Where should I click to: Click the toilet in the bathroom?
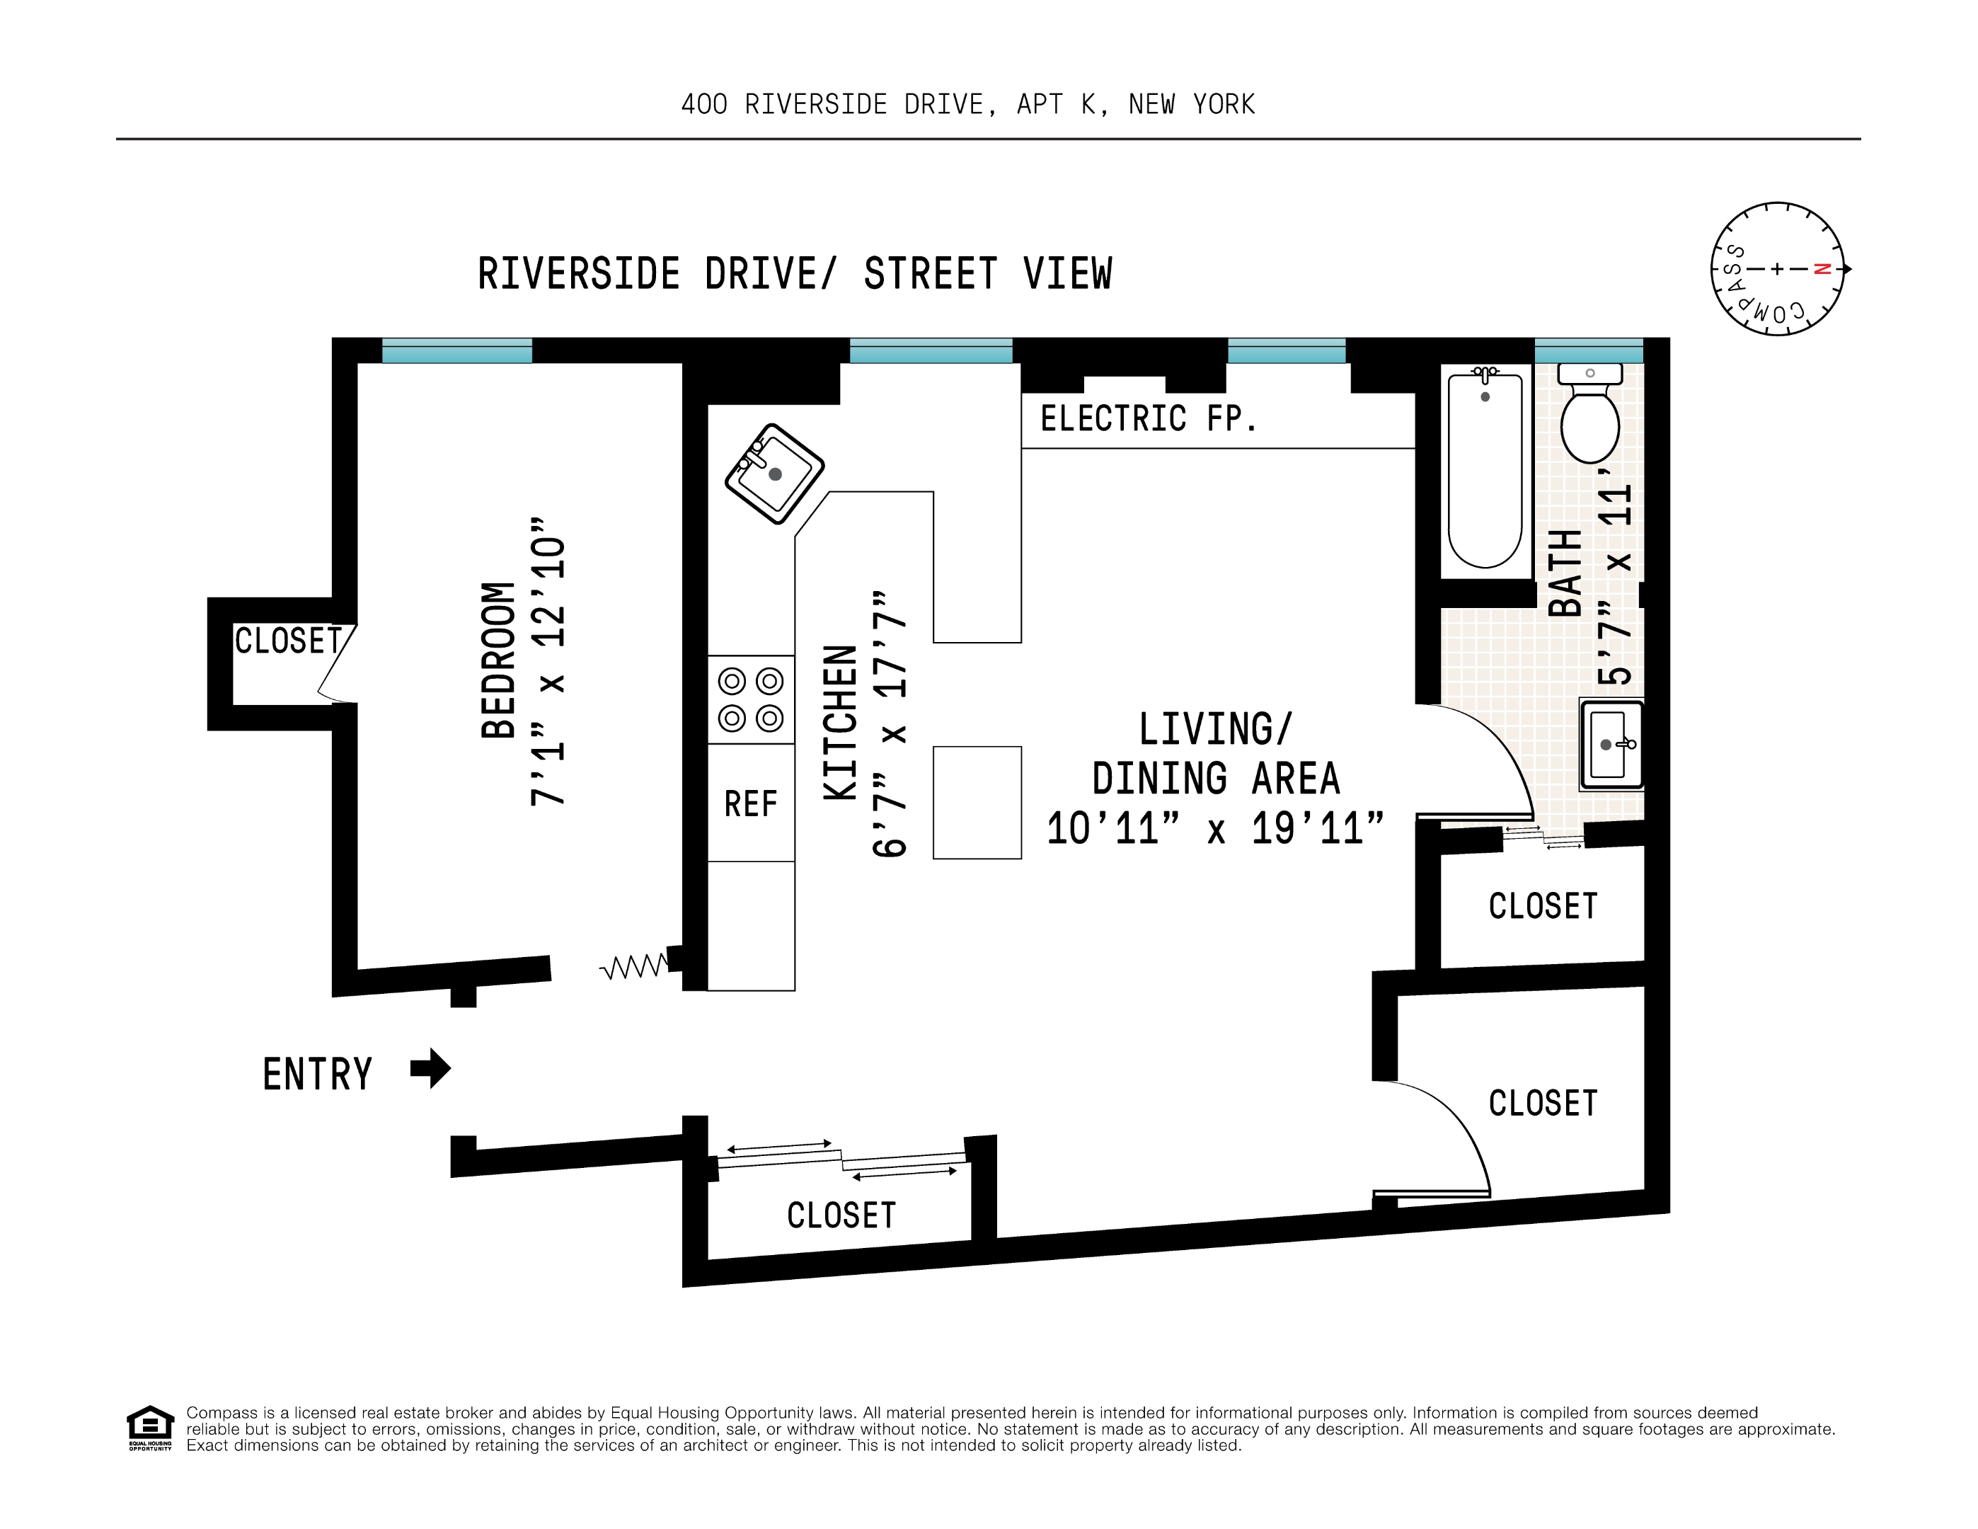point(1589,417)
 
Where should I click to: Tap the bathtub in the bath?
point(1485,471)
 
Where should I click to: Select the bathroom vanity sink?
point(1610,745)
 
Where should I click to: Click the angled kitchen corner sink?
point(774,473)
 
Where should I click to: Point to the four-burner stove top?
point(751,699)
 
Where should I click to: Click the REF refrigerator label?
point(751,803)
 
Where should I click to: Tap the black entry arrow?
point(430,1068)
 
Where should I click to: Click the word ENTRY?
point(318,1075)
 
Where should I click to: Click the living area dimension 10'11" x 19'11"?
point(1215,829)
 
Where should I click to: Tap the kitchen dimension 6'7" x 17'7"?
point(890,725)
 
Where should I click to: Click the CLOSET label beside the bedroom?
point(288,641)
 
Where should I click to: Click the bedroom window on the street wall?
point(456,350)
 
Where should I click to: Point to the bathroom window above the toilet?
point(1589,350)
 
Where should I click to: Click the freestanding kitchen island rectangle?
point(977,803)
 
